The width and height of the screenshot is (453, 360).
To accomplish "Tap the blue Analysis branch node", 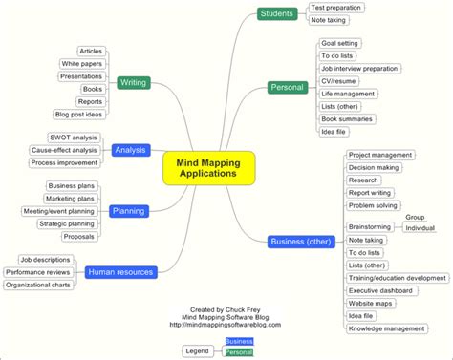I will coord(130,150).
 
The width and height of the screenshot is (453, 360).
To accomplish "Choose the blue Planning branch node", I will coord(128,211).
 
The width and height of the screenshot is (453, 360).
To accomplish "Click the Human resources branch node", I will coord(120,272).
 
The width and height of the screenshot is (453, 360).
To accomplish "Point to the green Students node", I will coord(276,13).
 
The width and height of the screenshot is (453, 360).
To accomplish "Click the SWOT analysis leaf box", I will coord(74,138).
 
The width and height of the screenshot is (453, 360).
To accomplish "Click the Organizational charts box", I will coord(40,284).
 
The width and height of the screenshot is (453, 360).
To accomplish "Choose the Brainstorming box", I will coord(370,226).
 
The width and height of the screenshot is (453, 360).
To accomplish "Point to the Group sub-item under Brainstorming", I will coord(415,217).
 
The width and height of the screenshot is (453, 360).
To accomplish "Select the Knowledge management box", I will coord(386,328).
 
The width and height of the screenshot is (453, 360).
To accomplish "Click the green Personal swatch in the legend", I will coord(239,352).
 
